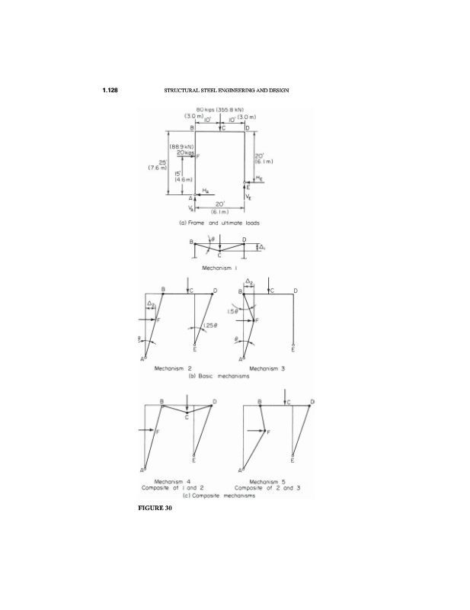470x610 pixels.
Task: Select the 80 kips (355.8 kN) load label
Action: click(219, 109)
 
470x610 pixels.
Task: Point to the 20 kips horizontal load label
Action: click(185, 153)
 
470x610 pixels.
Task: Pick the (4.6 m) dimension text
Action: click(185, 178)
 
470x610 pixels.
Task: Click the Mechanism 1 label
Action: click(219, 268)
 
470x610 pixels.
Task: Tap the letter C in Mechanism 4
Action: click(187, 417)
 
